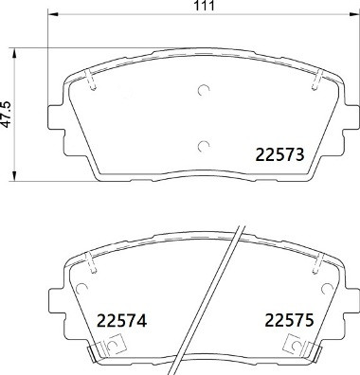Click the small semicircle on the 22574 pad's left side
(114, 345)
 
